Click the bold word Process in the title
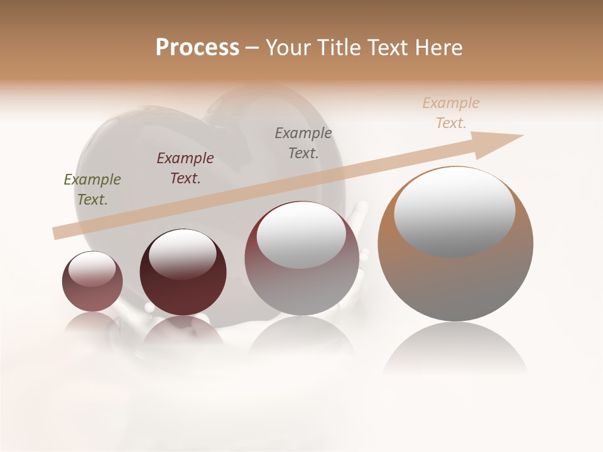pos(197,48)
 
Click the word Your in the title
pos(289,48)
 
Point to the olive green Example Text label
pos(92,190)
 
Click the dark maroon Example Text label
pos(185,168)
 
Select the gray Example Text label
pos(303,143)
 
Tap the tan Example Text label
pos(451,113)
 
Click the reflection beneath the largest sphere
pos(455,348)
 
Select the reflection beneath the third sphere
pos(301,336)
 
